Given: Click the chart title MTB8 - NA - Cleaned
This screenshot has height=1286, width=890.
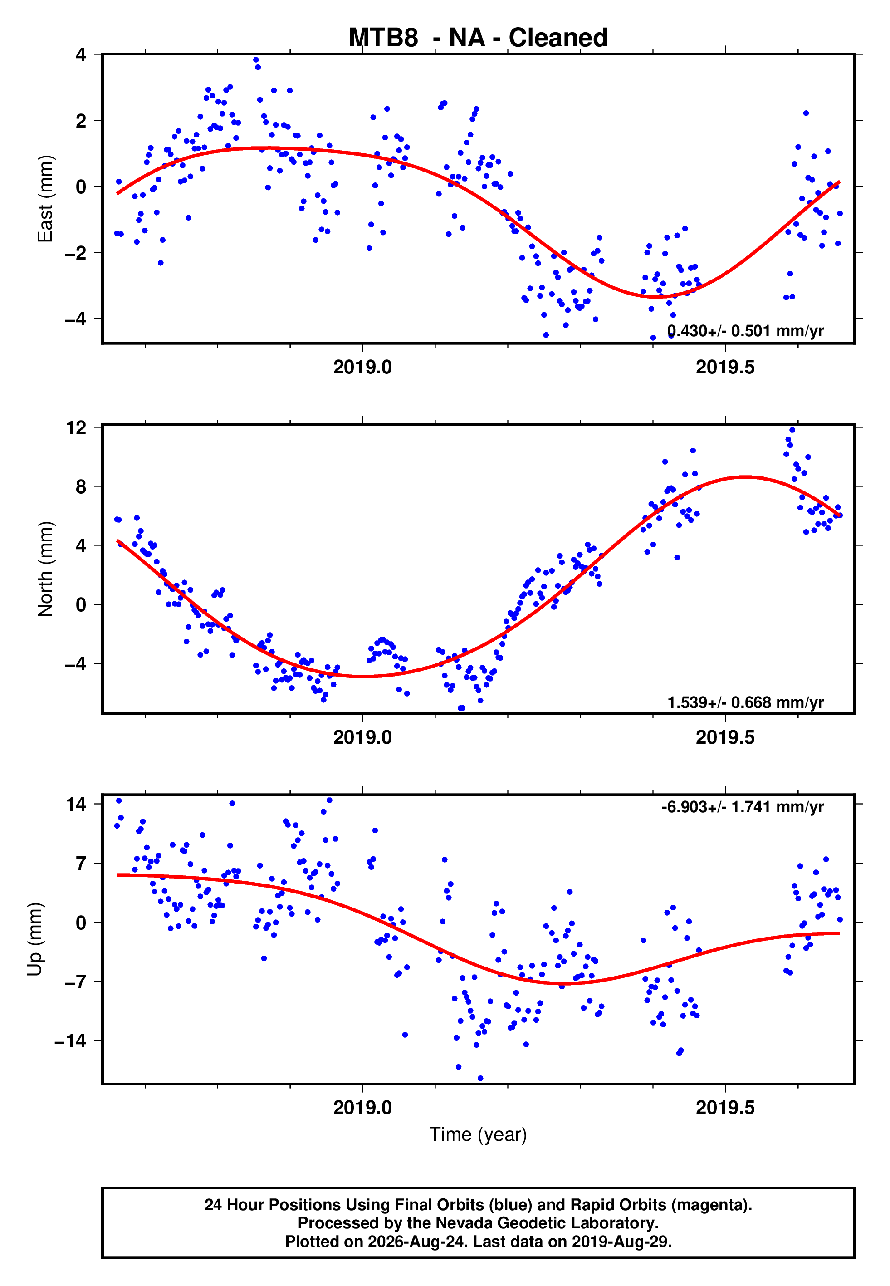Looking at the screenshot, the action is point(478,38).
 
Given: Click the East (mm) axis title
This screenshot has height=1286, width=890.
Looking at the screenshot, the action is point(45,199).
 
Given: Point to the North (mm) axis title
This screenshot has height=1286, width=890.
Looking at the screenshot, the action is point(45,569).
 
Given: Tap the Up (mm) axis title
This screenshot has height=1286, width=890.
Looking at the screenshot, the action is point(34,940).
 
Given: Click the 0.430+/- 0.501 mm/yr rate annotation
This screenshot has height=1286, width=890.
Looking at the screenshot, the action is point(746,331).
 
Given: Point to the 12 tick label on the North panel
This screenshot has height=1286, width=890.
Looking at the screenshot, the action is point(76,428).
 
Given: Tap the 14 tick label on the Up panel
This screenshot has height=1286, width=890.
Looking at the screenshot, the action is point(76,804).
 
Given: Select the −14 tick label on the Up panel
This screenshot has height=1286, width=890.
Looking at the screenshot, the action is point(70,1041).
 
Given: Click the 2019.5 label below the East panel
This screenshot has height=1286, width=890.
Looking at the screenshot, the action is point(725,367).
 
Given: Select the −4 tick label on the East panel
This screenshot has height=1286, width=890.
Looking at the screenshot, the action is point(76,319).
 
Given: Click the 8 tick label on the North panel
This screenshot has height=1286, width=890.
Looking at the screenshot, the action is point(81,486).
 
